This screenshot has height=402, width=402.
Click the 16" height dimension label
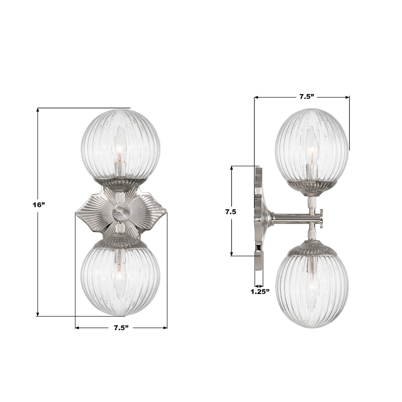coord(39,205)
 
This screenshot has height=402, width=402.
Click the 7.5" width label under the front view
coord(121,328)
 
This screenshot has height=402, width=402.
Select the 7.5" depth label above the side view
coord(307,97)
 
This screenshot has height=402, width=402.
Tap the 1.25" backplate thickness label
coord(260,292)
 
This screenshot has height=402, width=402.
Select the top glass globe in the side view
coord(312,145)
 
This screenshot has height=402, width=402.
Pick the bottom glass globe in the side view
coord(312,291)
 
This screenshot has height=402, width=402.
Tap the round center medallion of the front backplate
coord(121,213)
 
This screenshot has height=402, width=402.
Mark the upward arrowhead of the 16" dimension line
coord(38,111)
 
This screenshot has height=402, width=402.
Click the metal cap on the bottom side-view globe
coord(312,249)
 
